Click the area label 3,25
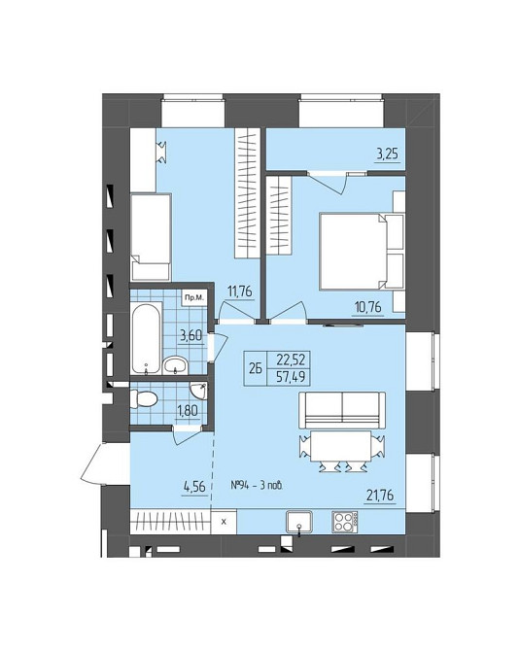pyautogui.click(x=387, y=154)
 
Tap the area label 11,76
pyautogui.click(x=239, y=291)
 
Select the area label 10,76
pyautogui.click(x=368, y=308)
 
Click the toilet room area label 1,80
pyautogui.click(x=187, y=411)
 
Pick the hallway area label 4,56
pyautogui.click(x=194, y=486)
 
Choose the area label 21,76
pyautogui.click(x=380, y=496)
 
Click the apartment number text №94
pyautogui.click(x=239, y=486)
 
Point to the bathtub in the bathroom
pyautogui.click(x=146, y=337)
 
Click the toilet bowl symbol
pyautogui.click(x=144, y=399)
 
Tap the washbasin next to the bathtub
pyautogui.click(x=176, y=365)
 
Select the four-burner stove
pyautogui.click(x=345, y=522)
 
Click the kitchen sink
pyautogui.click(x=299, y=522)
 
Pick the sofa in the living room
pyautogui.click(x=342, y=411)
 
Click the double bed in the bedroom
pyautogui.click(x=362, y=251)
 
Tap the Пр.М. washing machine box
pyautogui.click(x=194, y=297)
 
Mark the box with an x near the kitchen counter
pyautogui.click(x=224, y=522)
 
